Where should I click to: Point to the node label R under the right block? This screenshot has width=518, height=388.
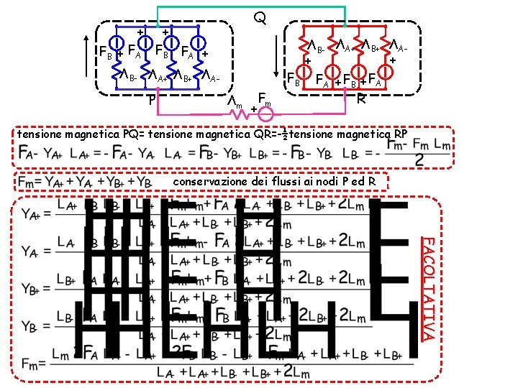[x=363, y=98]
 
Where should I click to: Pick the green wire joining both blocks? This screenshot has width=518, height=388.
[x=252, y=8]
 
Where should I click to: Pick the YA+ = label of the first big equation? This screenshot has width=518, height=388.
[x=36, y=213]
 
